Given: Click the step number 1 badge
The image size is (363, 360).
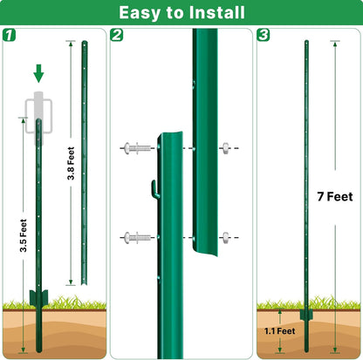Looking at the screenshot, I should (10, 36).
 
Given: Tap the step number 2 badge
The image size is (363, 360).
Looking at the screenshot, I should (118, 36).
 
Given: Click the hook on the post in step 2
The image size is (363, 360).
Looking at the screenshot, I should (153, 187).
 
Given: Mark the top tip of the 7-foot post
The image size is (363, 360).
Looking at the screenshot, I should (305, 43).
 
